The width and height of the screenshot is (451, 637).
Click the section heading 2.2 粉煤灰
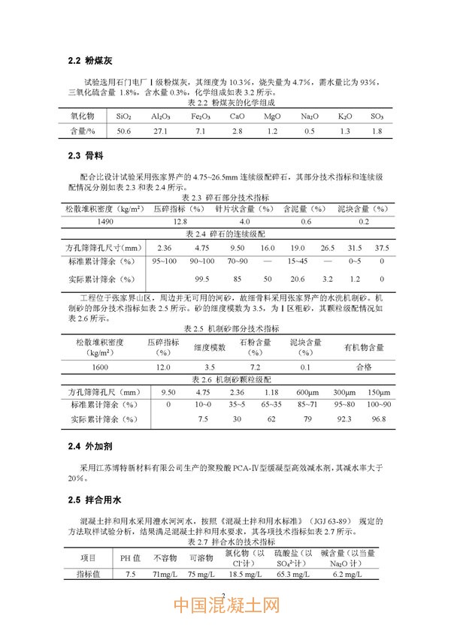tap(89, 59)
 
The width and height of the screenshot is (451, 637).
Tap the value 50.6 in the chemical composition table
tap(124, 131)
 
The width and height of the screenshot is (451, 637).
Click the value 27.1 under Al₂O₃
tap(160, 131)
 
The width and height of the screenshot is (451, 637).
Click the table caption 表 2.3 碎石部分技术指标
tap(226, 198)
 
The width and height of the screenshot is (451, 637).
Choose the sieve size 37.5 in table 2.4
tap(382, 248)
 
